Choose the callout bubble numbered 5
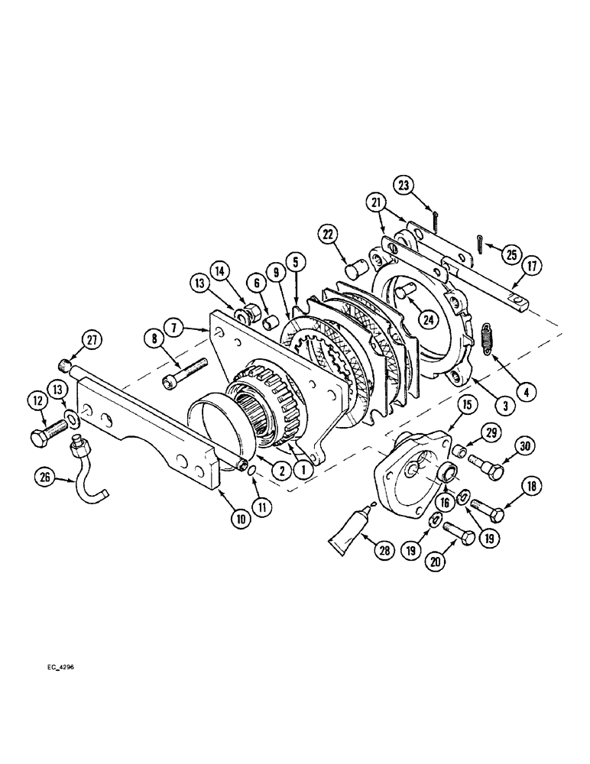[295, 262]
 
